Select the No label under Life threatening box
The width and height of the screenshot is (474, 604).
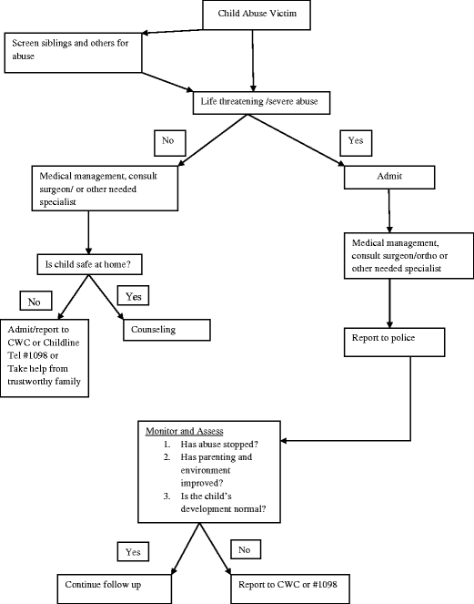pos(170,141)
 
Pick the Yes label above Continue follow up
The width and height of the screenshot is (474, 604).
pos(132,551)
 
